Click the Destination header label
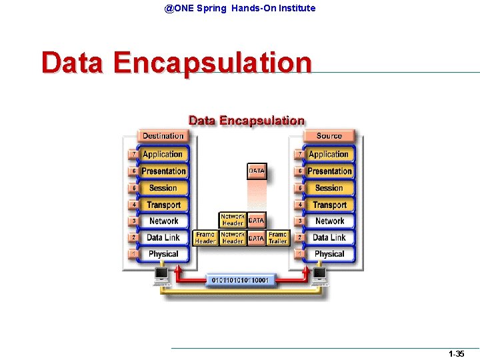coord(163,136)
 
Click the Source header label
coord(329,136)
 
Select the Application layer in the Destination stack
coord(163,154)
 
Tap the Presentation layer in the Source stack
coord(329,171)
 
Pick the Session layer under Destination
coord(163,188)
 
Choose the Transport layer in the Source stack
coord(329,205)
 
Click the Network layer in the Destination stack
coord(163,221)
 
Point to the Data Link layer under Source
coord(329,237)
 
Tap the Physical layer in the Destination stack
coord(163,254)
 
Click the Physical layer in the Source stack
coord(329,254)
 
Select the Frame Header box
coord(205,238)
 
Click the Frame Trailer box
coord(277,238)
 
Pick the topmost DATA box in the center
coord(257,171)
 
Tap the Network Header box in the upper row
coord(233,220)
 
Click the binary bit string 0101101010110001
coord(241,281)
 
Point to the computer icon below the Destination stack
coord(161,275)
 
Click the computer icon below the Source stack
coord(319,275)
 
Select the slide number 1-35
coord(456,354)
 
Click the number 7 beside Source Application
coord(301,154)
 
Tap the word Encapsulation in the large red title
coord(212,63)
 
